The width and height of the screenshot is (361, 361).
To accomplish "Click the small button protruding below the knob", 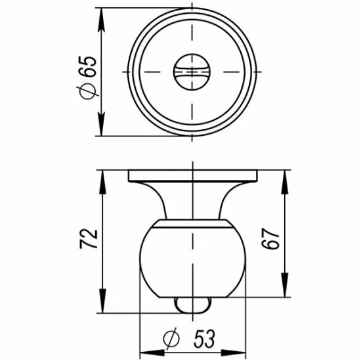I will tap(192, 304).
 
